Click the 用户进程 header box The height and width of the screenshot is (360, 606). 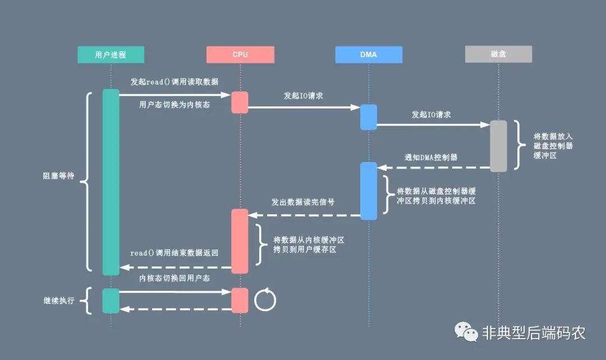click(111, 54)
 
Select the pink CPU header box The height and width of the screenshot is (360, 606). click(240, 54)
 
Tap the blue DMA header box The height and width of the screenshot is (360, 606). click(369, 54)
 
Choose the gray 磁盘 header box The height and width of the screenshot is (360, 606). click(498, 54)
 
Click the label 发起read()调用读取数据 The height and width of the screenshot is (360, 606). click(175, 82)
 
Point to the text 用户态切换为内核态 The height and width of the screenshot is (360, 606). click(175, 104)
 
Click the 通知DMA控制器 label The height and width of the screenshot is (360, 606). click(431, 158)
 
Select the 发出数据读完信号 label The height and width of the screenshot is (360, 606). click(303, 202)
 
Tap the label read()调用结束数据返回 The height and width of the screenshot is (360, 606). click(175, 253)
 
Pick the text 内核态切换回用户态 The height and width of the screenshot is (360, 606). click(175, 278)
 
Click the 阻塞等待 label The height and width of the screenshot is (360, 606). click(58, 176)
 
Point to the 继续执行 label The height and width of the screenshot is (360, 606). click(58, 301)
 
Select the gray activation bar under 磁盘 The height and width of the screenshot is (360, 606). click(498, 146)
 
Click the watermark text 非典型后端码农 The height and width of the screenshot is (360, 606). click(534, 333)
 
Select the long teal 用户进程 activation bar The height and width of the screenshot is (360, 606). click(111, 182)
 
